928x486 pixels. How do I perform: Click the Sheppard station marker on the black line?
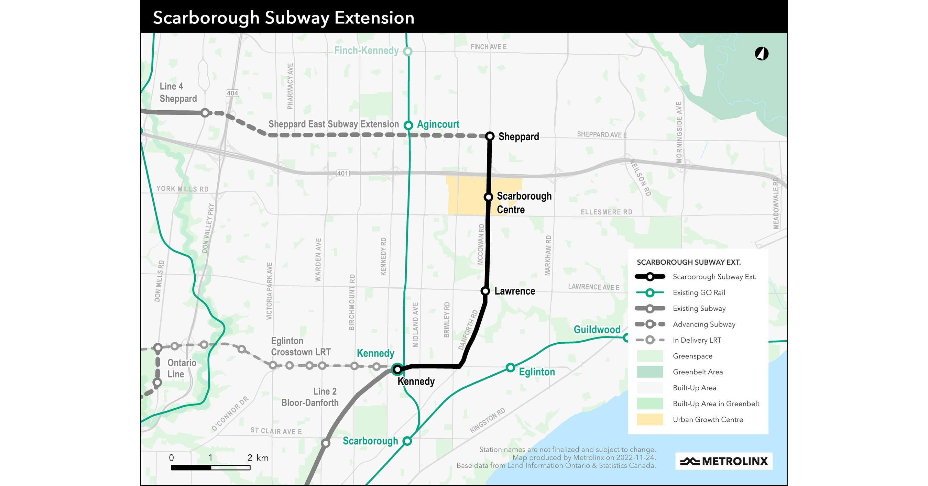pos(490,136)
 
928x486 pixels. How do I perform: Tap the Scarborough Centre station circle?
pos(489,197)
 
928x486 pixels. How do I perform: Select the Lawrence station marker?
pos(485,291)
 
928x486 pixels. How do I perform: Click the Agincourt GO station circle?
pos(408,125)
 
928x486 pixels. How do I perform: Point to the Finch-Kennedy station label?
pos(366,51)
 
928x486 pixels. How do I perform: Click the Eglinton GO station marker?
pos(510,367)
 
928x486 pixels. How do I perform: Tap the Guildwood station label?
pos(597,329)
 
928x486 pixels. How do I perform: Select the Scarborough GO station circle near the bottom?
pos(407,441)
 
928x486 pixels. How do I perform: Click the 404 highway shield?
pos(232,93)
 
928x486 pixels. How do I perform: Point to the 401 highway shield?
pos(342,174)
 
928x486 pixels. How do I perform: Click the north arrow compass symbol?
pos(762,54)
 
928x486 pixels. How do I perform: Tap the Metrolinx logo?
pos(724,461)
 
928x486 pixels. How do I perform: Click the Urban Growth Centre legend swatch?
pos(650,419)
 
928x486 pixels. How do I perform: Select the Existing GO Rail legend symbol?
pos(650,293)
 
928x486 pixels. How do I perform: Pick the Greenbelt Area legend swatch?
pos(650,372)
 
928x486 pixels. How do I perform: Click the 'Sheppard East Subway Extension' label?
pos(334,124)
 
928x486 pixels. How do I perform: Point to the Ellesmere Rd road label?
pos(606,212)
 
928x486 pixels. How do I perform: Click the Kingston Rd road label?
pos(488,420)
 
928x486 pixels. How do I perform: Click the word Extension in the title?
pos(374,18)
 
